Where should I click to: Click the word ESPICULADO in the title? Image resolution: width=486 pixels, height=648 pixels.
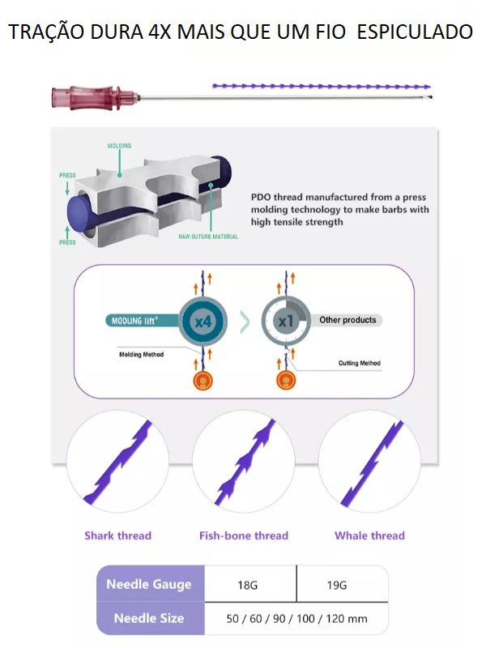pyautogui.click(x=415, y=32)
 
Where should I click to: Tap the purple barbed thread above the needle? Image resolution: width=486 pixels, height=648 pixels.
pyautogui.click(x=322, y=87)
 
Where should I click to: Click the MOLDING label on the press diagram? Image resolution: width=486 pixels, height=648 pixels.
pyautogui.click(x=119, y=146)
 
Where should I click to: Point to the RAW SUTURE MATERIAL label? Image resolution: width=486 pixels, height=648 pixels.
pyautogui.click(x=208, y=237)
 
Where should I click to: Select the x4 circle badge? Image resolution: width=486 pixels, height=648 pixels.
pyautogui.click(x=203, y=321)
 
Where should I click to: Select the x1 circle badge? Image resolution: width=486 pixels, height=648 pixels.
pyautogui.click(x=286, y=321)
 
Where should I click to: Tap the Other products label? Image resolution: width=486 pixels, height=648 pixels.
pyautogui.click(x=347, y=320)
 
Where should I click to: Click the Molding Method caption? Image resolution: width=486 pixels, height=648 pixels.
pyautogui.click(x=141, y=355)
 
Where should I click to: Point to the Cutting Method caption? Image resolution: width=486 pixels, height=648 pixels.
pyautogui.click(x=360, y=363)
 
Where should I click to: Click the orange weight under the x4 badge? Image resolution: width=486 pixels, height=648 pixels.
pyautogui.click(x=203, y=381)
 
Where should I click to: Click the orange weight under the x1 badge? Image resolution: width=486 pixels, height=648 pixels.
pyautogui.click(x=286, y=381)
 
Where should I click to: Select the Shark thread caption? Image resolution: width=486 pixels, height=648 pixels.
pyautogui.click(x=117, y=535)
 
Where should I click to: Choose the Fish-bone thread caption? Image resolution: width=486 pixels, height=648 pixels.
pyautogui.click(x=244, y=535)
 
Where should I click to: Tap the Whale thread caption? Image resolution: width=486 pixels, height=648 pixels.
pyautogui.click(x=370, y=535)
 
